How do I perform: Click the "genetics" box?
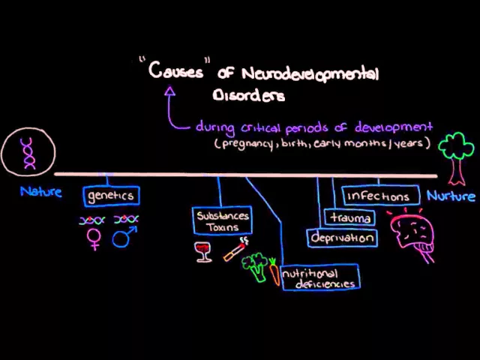tap(110, 196)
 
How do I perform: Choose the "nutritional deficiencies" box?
tap(320, 278)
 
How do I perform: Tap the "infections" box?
tap(378, 196)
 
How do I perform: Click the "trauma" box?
tap(349, 217)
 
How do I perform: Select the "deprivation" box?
tap(342, 238)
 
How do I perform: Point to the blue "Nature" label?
tap(41, 192)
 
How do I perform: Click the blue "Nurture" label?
tap(451, 196)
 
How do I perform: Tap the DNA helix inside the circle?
tap(28, 153)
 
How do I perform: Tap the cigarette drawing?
tap(235, 249)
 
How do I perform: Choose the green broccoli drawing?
tap(257, 268)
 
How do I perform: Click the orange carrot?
tap(275, 271)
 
